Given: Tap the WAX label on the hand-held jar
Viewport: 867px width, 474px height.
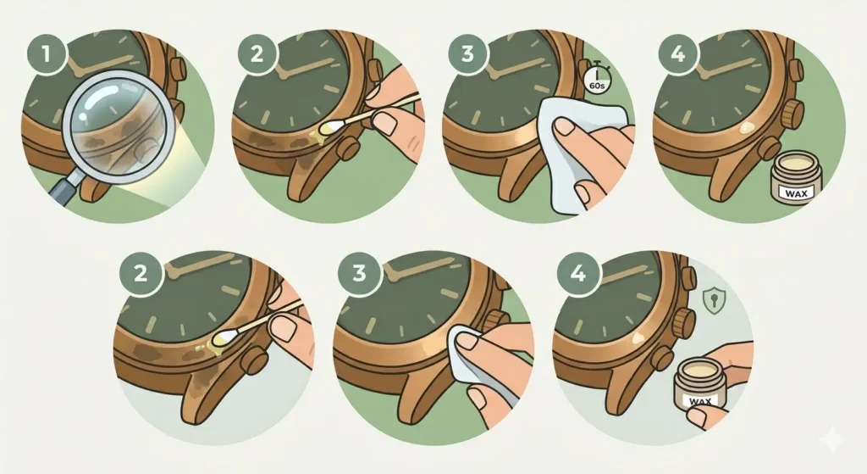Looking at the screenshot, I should tap(697, 398).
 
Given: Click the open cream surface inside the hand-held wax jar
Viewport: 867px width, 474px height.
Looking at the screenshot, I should tap(696, 371).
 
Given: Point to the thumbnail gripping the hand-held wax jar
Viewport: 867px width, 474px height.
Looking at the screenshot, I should tap(696, 417).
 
